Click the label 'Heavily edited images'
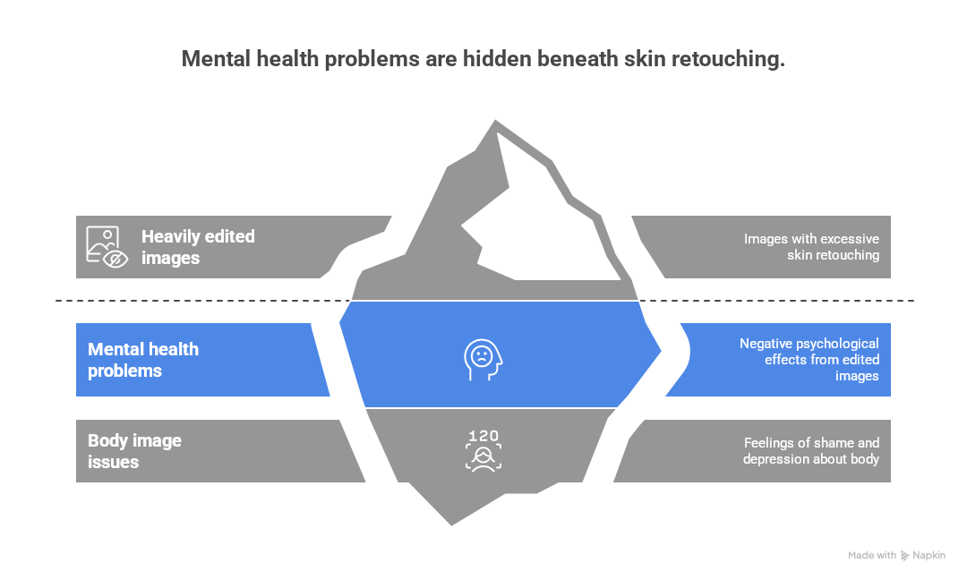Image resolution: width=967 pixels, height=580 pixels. point(198,247)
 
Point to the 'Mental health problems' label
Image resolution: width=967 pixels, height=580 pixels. point(143,360)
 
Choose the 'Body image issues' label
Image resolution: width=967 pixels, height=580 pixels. point(134,451)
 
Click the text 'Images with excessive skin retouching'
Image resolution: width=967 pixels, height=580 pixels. point(811,247)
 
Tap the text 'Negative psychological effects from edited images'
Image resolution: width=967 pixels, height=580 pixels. point(809,360)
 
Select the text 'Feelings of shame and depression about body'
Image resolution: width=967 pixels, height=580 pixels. point(811,451)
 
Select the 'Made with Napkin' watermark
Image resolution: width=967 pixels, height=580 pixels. point(896,556)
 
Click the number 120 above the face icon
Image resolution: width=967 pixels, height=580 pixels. point(483,436)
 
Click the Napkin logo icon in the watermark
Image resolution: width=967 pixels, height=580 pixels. point(904,556)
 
